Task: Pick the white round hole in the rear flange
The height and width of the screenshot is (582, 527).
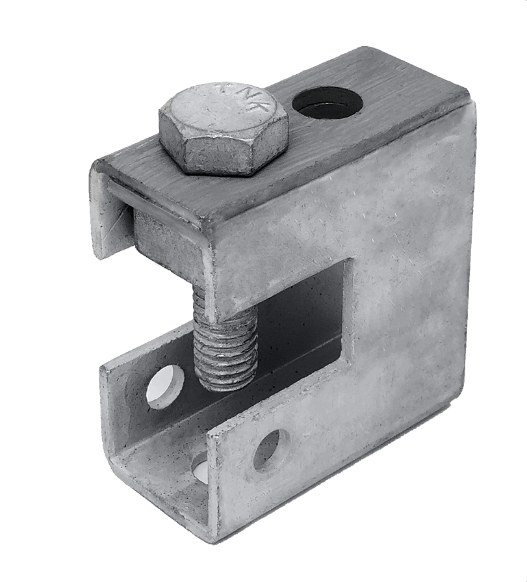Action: (164, 385)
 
